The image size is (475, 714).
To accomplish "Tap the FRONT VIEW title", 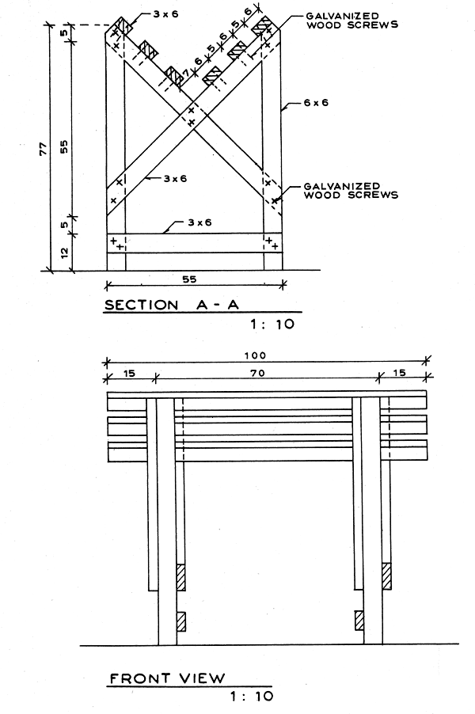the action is pos(167,678).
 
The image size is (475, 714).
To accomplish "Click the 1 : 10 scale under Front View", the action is pos(251,697).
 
